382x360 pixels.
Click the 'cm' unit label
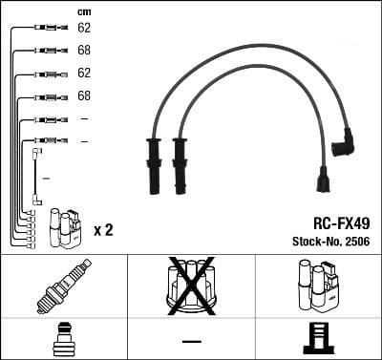pyautogui.click(x=83, y=11)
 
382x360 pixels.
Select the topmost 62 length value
pyautogui.click(x=84, y=29)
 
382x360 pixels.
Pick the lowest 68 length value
pyautogui.click(x=84, y=96)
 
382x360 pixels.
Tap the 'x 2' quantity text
pyautogui.click(x=104, y=230)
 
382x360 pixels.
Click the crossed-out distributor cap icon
pyautogui.click(x=190, y=285)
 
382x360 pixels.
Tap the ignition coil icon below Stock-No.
pyautogui.click(x=317, y=285)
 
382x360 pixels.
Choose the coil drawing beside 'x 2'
pyautogui.click(x=66, y=227)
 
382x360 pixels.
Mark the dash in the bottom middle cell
pyautogui.click(x=191, y=341)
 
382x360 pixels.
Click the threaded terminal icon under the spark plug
pyautogui.click(x=63, y=339)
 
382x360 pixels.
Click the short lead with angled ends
pyautogui.click(x=36, y=177)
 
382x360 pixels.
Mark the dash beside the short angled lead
pyautogui.click(x=46, y=179)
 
